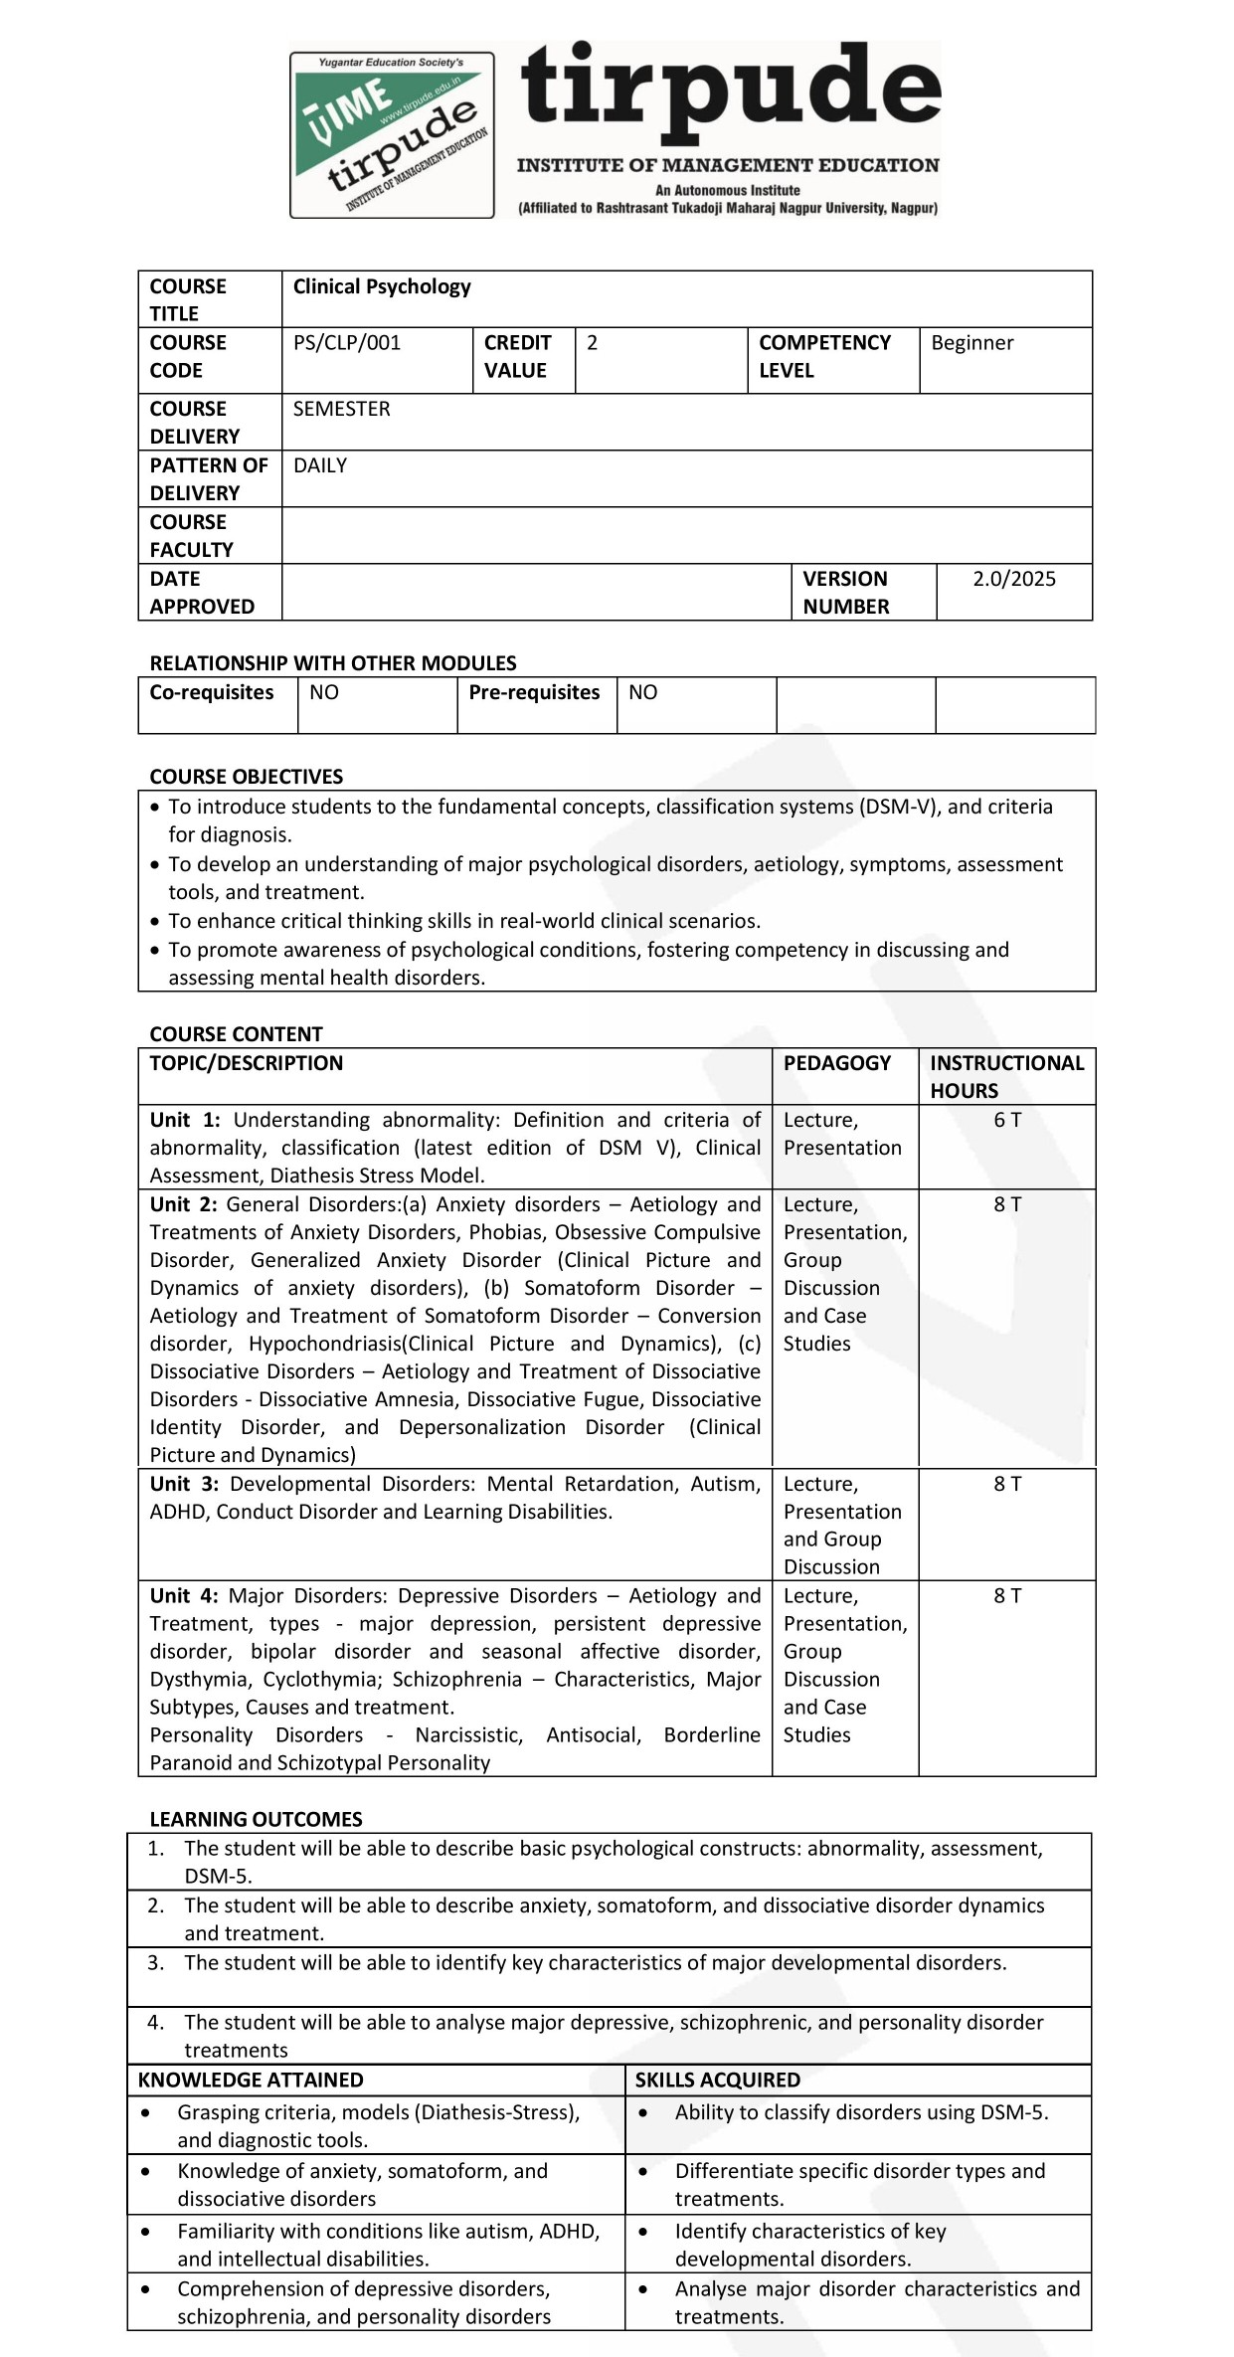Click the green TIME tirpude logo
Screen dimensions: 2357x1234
392,135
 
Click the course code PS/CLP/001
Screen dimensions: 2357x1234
347,343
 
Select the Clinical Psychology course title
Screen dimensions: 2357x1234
382,286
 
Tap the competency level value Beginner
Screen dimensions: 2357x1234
971,343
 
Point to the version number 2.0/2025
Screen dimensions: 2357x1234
1013,579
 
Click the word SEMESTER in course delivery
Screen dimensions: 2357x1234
341,409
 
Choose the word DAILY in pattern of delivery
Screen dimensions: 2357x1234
320,465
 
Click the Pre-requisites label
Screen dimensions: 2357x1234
534,692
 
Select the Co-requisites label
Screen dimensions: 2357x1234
212,692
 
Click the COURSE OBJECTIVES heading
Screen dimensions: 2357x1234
246,777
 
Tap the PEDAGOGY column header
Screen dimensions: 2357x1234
837,1063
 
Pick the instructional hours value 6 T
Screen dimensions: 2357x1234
1007,1120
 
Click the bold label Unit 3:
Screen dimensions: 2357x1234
185,1484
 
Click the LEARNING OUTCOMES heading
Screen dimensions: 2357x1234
256,1819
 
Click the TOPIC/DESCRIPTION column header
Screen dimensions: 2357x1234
246,1063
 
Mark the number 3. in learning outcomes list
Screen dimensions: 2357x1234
156,1962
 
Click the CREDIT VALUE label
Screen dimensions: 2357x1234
517,356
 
